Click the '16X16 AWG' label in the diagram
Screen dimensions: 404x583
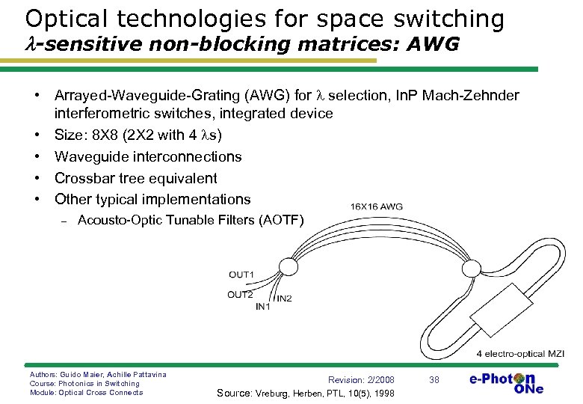377,206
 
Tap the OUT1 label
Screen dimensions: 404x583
241,275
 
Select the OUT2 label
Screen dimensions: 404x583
240,294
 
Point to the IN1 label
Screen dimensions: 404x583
263,306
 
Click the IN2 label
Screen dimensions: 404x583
284,299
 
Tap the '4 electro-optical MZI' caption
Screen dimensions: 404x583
520,354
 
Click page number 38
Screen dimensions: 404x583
434,380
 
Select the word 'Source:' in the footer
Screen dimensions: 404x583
235,393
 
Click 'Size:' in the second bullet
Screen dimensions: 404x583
72,135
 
